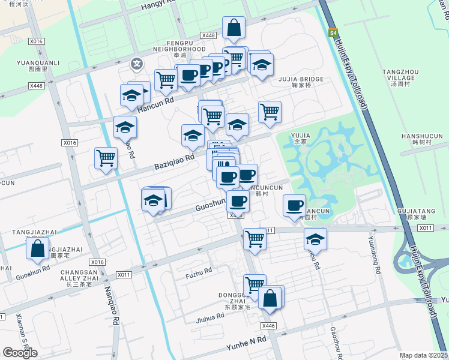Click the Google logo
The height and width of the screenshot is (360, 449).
coord(20,353)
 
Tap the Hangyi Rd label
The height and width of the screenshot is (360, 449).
coord(158,6)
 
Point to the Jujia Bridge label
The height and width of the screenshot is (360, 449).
coord(300,79)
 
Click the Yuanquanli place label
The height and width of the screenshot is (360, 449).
coord(38,62)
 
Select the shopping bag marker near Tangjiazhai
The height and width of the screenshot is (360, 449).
coord(37,248)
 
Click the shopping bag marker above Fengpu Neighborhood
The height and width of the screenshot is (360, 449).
coord(234,28)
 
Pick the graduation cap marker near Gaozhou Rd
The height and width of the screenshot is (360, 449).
coord(315,239)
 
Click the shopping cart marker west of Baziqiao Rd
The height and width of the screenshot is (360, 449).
coord(106,158)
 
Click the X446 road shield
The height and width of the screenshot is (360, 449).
coord(268,326)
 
